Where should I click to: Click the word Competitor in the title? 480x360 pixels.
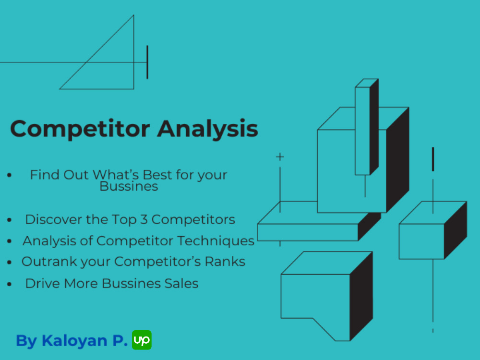pos(80,129)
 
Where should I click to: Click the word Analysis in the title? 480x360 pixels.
pos(208,129)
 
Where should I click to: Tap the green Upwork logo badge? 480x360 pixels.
pos(142,340)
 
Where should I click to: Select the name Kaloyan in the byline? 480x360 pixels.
pos(74,341)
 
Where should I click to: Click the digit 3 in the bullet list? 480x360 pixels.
pos(144,219)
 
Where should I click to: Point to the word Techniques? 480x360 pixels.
pos(216,241)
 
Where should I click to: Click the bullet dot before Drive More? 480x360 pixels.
pos(10,284)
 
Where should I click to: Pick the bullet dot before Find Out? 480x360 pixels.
pos(10,175)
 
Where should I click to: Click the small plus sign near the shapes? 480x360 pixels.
pos(280,157)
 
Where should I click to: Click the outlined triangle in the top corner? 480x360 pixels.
pos(133,52)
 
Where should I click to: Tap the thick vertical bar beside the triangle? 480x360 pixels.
pos(147,62)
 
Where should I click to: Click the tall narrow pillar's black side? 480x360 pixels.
pos(374,127)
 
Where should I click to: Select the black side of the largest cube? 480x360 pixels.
pos(397,160)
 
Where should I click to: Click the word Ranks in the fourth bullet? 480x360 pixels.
pos(225,262)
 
